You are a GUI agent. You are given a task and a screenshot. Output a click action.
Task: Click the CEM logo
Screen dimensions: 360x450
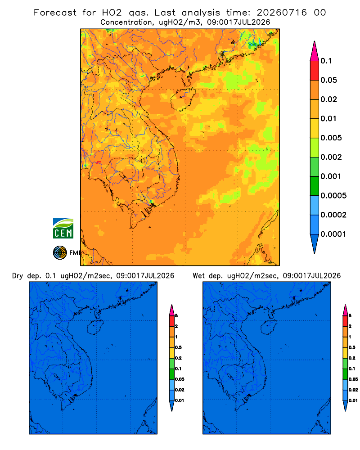[63, 229]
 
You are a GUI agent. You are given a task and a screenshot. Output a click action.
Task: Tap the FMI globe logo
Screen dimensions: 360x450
[60, 253]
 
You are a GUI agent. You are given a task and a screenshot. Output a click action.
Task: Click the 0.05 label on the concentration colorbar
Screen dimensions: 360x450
[328, 80]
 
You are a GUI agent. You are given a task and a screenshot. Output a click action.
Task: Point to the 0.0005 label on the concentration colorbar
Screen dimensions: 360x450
[333, 196]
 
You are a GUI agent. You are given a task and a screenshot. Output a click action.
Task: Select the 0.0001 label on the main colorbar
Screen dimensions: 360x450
[333, 234]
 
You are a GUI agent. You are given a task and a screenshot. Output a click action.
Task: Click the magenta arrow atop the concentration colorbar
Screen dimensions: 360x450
[315, 51]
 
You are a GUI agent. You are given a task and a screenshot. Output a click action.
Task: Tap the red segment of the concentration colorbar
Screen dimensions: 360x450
[315, 71]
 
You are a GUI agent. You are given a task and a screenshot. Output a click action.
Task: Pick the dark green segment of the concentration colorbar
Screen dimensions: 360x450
[315, 186]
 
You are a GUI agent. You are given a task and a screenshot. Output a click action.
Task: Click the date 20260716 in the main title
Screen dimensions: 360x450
[282, 13]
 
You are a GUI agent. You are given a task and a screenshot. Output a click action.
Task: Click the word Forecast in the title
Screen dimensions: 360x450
[55, 13]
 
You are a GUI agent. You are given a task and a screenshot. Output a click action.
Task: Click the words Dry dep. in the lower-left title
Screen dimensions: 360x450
[27, 276]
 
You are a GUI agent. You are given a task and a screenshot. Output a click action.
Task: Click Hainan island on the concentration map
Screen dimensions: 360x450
[183, 99]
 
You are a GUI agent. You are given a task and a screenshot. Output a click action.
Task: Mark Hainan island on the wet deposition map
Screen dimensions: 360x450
[269, 328]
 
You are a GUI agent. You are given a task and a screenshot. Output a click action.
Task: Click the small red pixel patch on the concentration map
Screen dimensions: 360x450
[99, 162]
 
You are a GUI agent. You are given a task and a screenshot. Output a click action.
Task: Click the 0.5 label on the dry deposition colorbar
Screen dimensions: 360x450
[178, 347]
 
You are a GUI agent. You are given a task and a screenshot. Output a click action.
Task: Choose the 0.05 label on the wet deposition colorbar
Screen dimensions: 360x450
[353, 379]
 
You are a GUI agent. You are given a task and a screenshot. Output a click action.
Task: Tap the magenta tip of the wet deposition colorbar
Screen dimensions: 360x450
[345, 310]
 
